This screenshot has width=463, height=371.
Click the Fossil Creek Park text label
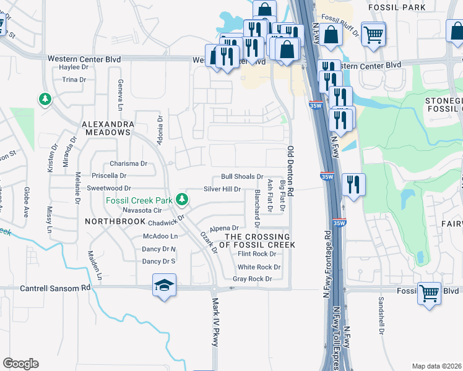138,200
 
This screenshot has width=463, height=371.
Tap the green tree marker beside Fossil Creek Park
182,199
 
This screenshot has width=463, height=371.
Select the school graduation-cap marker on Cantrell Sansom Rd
163,286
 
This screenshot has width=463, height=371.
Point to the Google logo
20,364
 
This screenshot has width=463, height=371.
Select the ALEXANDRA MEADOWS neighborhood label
108,129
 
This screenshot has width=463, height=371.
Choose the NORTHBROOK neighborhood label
110,220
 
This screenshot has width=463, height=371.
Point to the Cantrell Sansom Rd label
55,288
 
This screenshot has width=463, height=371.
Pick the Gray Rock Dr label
252,279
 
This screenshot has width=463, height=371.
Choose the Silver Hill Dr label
222,189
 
